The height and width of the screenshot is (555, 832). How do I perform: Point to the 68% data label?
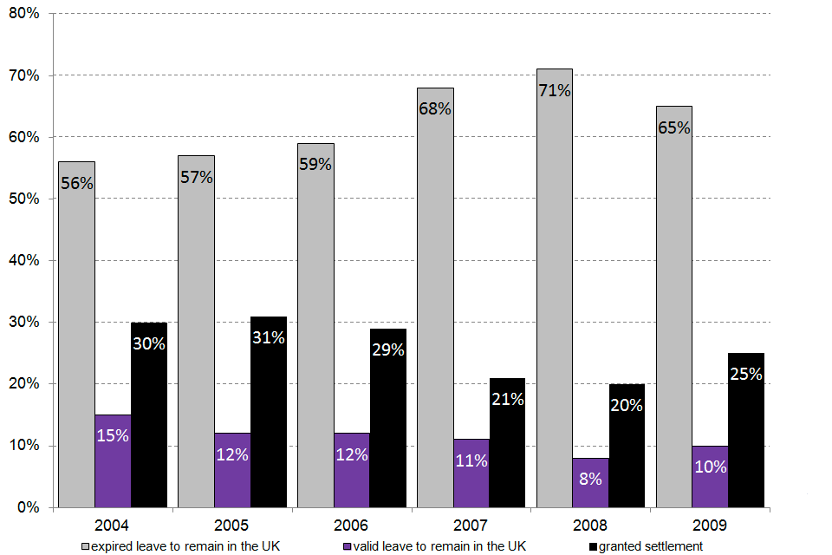435,109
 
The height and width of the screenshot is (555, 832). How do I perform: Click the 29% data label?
388,350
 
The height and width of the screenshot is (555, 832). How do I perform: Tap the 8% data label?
590,478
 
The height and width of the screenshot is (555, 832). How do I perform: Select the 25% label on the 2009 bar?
746,375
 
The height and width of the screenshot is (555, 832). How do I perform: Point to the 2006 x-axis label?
352,526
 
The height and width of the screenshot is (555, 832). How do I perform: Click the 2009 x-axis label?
711,526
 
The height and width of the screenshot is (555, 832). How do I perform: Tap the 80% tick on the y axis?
24,14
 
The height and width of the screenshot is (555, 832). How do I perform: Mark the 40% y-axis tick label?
24,260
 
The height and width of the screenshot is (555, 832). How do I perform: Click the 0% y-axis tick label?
29,507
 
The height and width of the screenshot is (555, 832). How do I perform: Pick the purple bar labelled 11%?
471,473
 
